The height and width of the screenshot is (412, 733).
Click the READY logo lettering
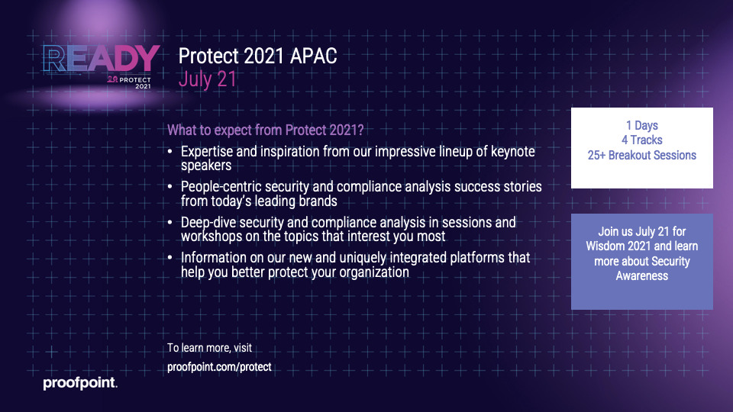click(101, 59)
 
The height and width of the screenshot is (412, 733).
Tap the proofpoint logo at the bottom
click(80, 383)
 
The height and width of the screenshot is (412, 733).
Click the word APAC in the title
click(313, 56)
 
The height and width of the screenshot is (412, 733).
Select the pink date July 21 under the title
click(208, 79)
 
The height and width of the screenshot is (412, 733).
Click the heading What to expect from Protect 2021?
click(266, 130)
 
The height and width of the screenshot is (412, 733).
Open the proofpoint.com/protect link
click(219, 367)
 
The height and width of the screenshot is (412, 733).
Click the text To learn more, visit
click(209, 348)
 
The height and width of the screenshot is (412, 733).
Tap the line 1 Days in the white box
click(642, 125)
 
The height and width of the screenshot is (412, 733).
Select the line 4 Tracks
click(642, 140)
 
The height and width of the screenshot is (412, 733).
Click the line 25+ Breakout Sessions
click(642, 155)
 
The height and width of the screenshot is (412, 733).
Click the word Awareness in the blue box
click(642, 276)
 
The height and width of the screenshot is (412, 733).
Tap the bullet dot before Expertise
click(170, 152)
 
